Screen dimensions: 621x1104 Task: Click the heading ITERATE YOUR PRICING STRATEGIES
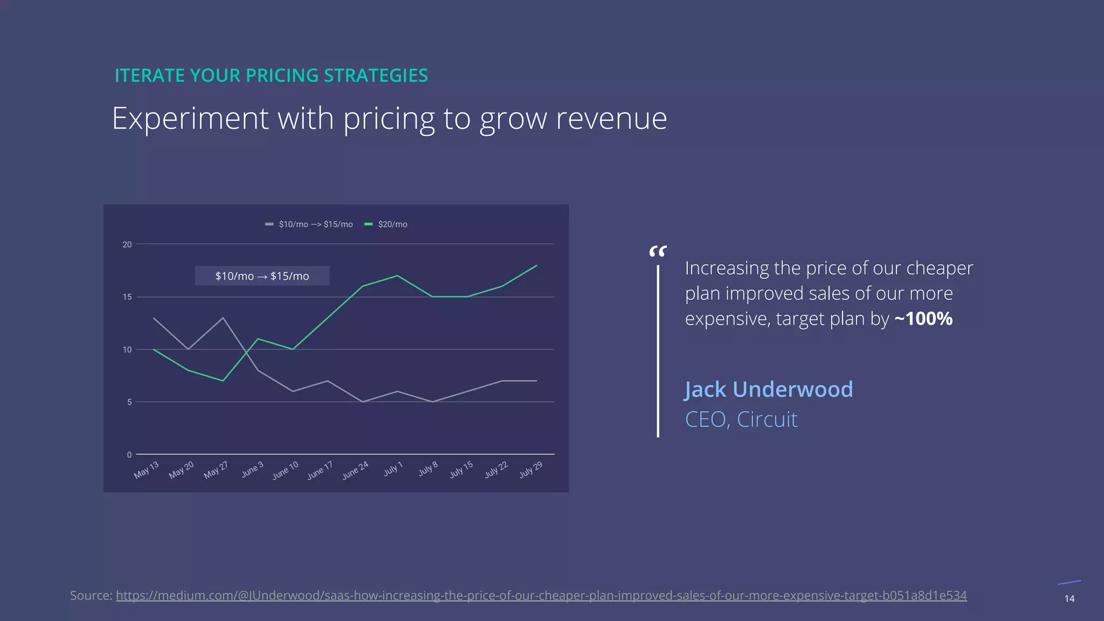point(271,75)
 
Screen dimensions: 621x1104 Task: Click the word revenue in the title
point(611,119)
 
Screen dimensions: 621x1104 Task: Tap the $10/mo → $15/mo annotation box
point(262,276)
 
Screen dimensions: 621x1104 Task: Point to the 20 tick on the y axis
point(127,244)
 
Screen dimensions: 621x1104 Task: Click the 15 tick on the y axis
point(127,297)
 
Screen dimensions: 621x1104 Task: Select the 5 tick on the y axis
point(129,402)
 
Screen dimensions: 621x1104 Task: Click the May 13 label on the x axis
point(147,470)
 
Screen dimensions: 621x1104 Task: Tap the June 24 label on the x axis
point(356,470)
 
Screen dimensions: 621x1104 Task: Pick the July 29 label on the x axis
point(531,470)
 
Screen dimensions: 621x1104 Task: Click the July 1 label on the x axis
point(394,469)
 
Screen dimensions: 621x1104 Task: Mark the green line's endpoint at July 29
point(537,265)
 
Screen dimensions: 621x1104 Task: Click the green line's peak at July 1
point(397,276)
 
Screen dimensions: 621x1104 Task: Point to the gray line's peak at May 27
point(223,318)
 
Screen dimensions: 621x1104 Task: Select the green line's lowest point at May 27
point(223,381)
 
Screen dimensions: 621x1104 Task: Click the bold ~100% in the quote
point(923,319)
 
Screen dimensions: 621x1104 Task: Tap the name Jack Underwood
point(769,389)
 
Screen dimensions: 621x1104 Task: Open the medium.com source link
point(541,596)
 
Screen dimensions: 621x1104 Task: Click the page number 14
point(1069,598)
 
